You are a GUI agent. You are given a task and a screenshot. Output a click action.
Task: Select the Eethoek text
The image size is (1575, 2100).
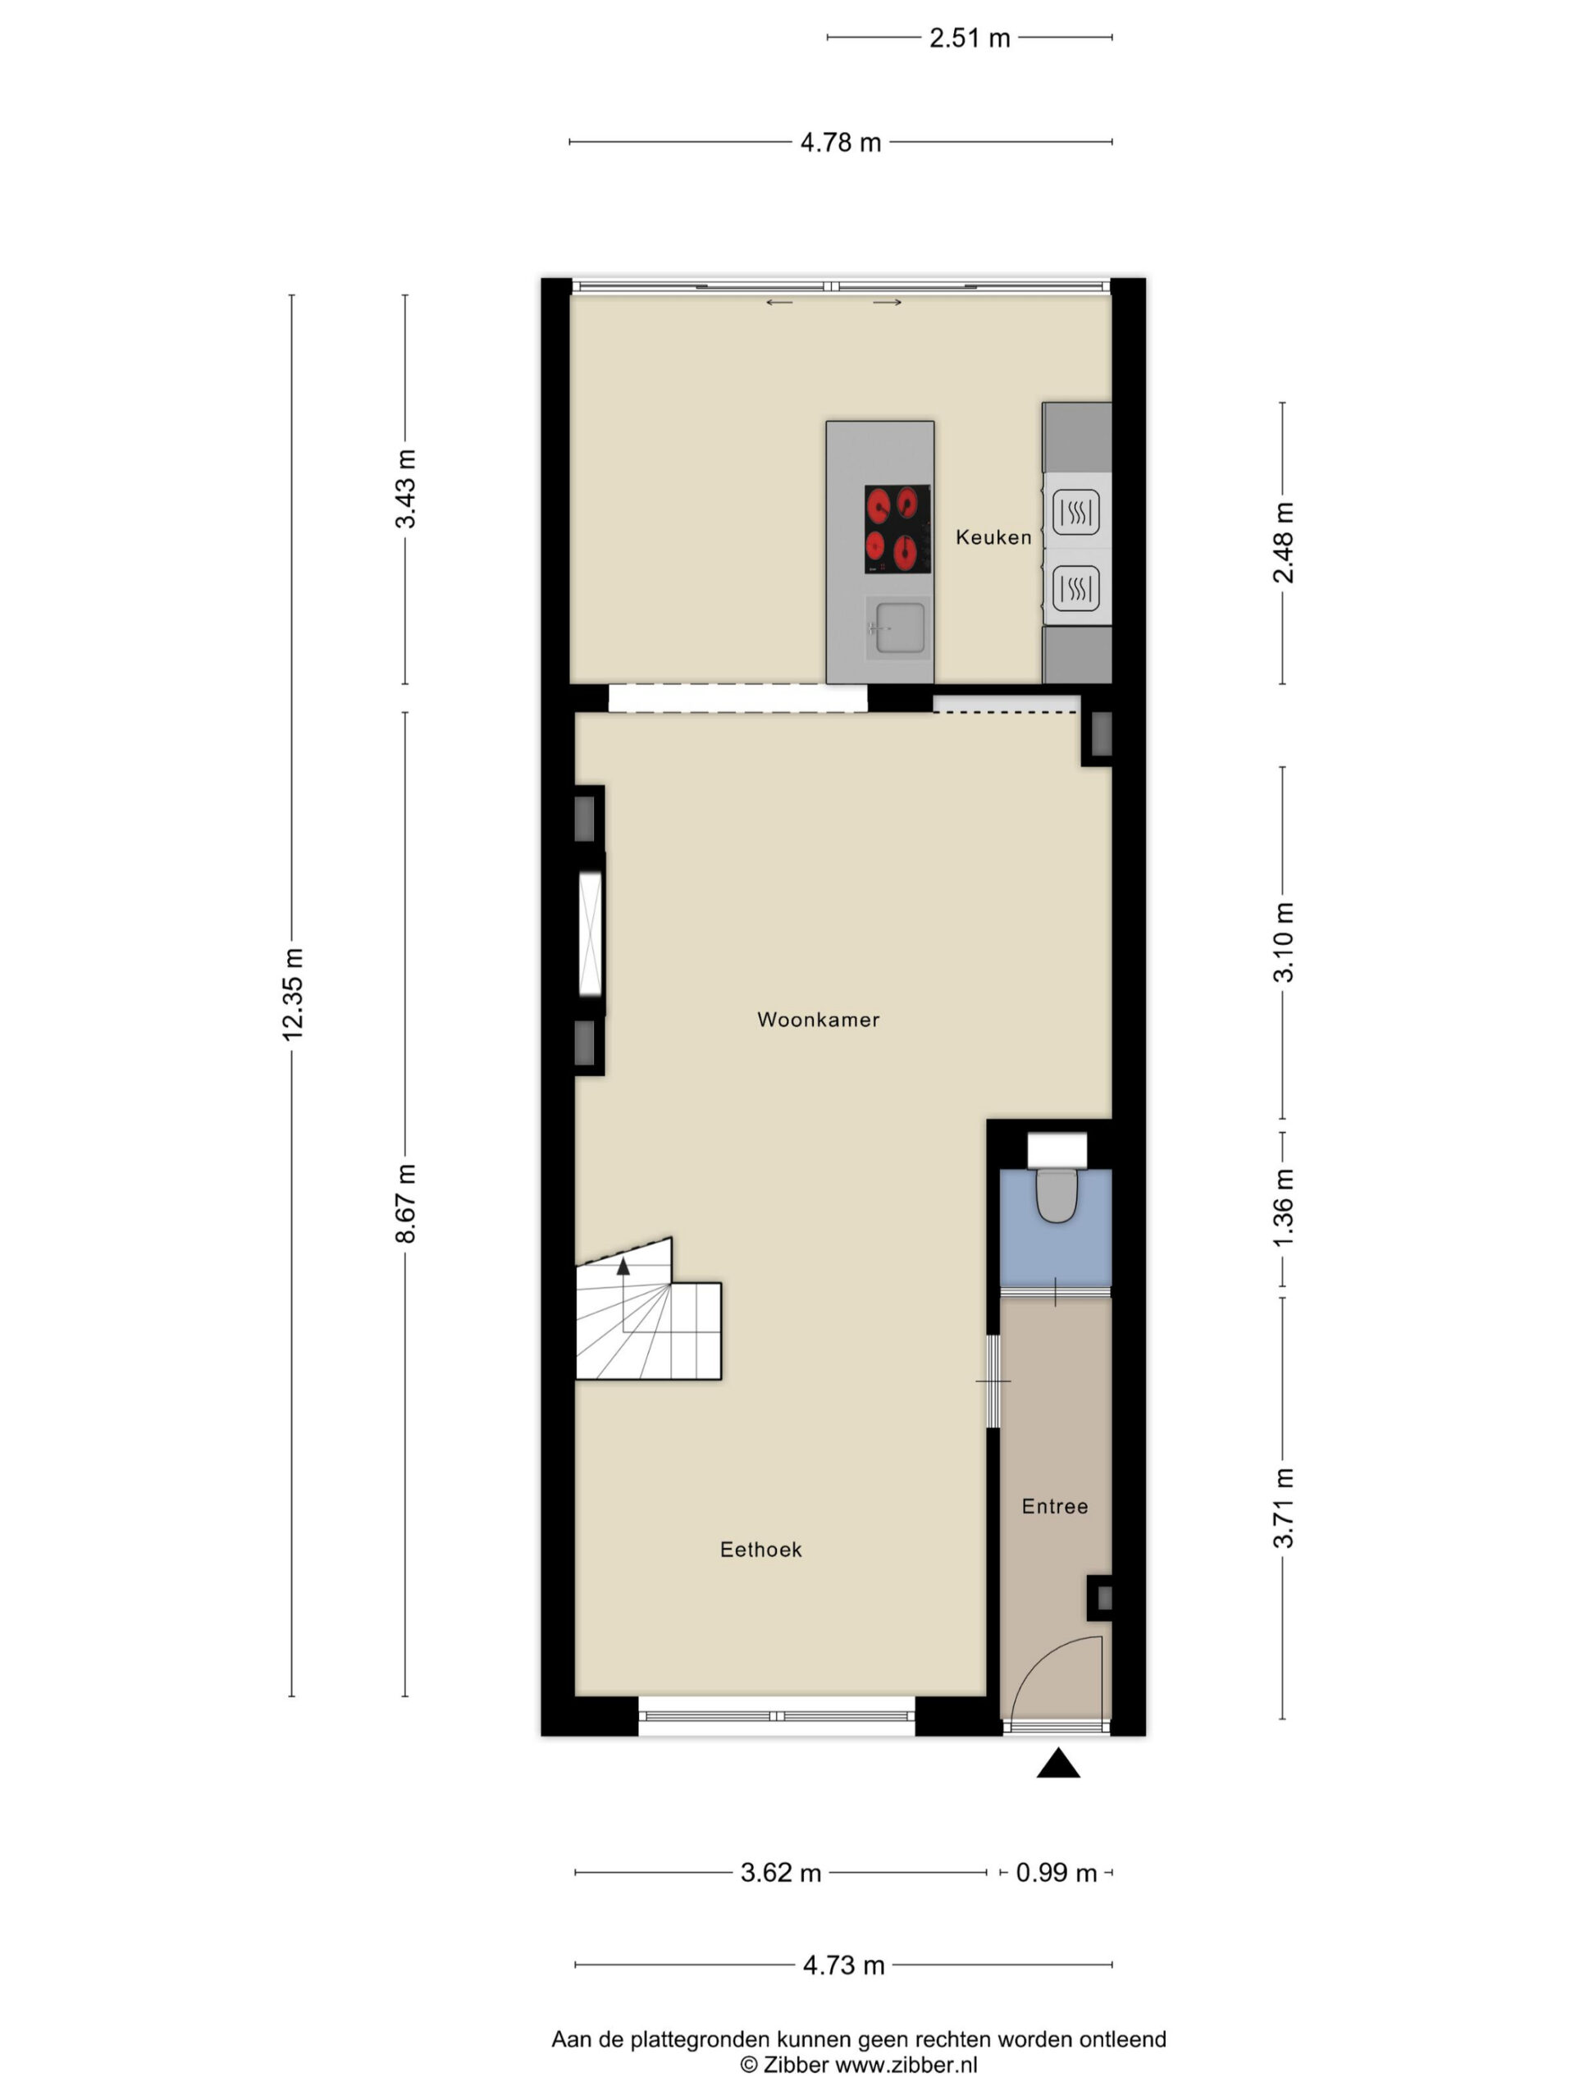pos(760,1550)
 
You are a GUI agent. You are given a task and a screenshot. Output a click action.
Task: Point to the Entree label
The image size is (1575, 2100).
pos(1054,1506)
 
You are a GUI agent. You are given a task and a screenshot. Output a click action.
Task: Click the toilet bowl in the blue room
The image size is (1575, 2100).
pos(1056,1194)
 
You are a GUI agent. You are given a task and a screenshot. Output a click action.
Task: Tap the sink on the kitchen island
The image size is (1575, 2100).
pos(899,627)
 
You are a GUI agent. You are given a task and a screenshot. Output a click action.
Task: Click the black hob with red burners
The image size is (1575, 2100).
pos(897,529)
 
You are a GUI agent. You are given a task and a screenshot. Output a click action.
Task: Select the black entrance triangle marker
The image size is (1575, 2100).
pos(1058,1763)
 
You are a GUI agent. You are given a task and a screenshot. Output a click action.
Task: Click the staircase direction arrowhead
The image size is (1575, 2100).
pos(623,1266)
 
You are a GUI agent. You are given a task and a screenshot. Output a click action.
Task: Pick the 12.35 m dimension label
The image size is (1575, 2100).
pos(292,993)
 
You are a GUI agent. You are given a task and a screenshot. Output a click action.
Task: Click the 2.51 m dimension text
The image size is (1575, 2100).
pos(970,38)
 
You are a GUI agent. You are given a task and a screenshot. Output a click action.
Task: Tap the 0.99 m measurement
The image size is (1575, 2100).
pos(1056,1872)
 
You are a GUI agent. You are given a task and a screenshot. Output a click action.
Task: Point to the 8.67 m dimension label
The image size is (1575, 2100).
pos(405,1202)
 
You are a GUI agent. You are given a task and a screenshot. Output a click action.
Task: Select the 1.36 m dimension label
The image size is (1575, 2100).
pos(1283,1208)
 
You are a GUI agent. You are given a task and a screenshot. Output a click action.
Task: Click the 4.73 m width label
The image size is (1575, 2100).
pos(843,1965)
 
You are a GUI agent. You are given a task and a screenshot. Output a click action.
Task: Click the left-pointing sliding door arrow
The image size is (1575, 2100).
pos(779,303)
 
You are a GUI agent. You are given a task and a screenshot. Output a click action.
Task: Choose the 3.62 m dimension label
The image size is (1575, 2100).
pos(780,1872)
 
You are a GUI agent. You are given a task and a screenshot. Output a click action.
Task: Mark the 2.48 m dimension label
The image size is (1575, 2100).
pos(1283,542)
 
